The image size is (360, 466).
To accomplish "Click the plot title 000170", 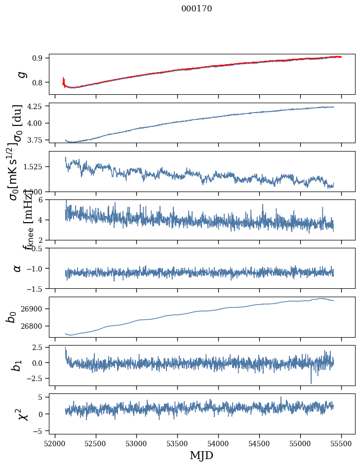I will (x=197, y=8).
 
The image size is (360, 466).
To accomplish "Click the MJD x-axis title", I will (x=201, y=455).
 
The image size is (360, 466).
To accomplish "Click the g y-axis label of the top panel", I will (x=21, y=74).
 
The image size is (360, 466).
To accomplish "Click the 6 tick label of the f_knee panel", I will (x=43, y=199).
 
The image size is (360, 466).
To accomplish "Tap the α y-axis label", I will (x=18, y=268).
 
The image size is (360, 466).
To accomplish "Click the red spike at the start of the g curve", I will (x=64, y=79).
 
